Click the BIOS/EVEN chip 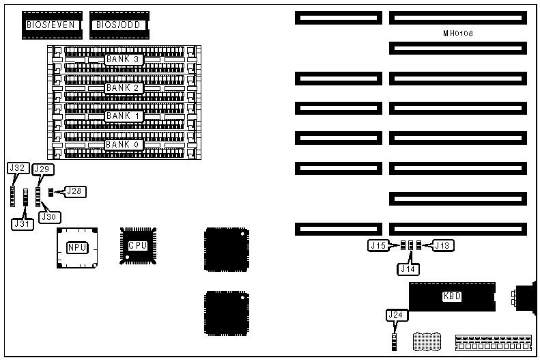click(x=52, y=25)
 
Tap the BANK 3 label click(x=123, y=59)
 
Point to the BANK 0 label click(x=123, y=144)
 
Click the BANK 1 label click(x=123, y=116)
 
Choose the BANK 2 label click(x=123, y=87)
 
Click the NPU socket click(x=76, y=247)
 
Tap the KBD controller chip click(x=451, y=297)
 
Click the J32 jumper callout click(x=18, y=168)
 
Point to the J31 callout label click(x=22, y=222)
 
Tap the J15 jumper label click(x=378, y=245)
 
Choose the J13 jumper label click(x=443, y=245)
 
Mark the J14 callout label click(x=409, y=268)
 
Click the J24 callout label click(x=394, y=315)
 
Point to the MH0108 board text click(x=458, y=33)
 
